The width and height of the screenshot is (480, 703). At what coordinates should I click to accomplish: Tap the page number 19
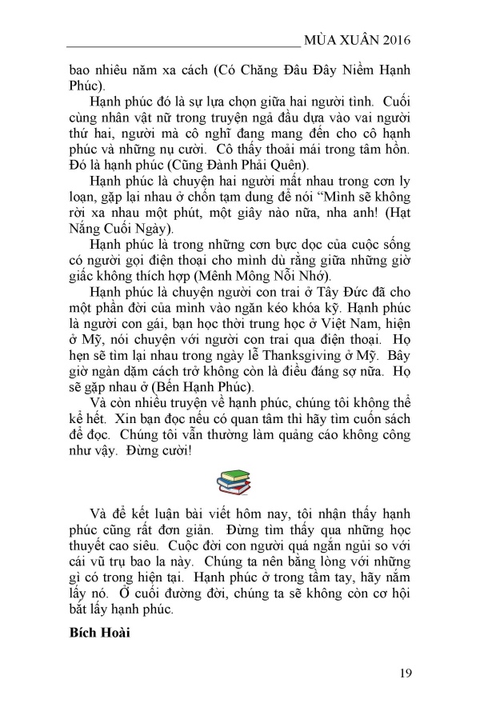click(x=404, y=672)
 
